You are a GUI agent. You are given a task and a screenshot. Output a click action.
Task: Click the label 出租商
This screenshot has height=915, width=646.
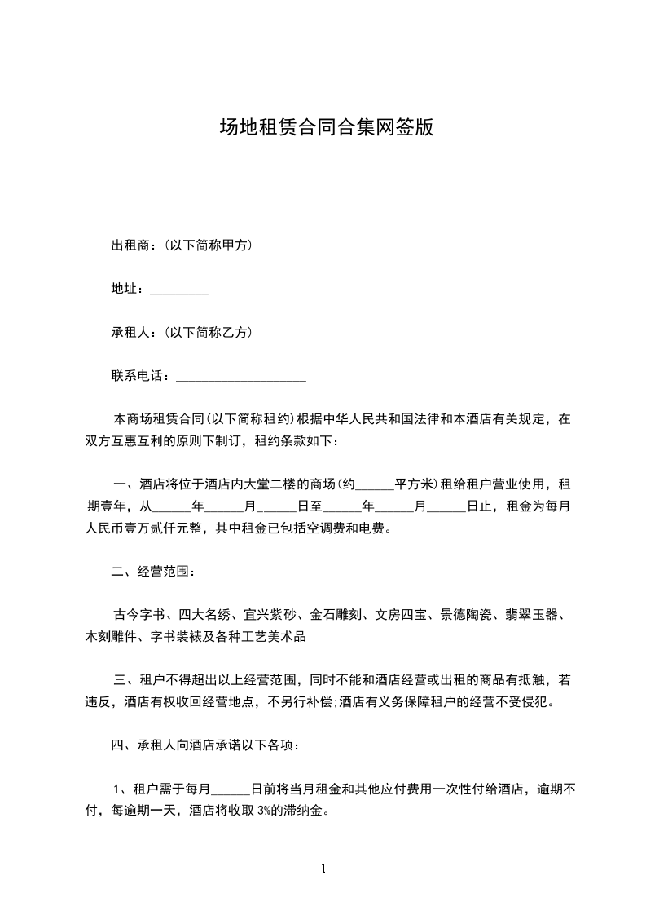(130, 245)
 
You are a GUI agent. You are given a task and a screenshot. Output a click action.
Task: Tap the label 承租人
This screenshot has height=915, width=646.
(130, 333)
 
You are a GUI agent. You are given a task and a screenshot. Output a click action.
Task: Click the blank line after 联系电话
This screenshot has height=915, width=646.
(241, 377)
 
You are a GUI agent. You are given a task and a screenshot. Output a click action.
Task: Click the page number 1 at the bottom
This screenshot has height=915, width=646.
(323, 869)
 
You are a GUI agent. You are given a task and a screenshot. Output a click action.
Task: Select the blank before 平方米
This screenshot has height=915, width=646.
(376, 484)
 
